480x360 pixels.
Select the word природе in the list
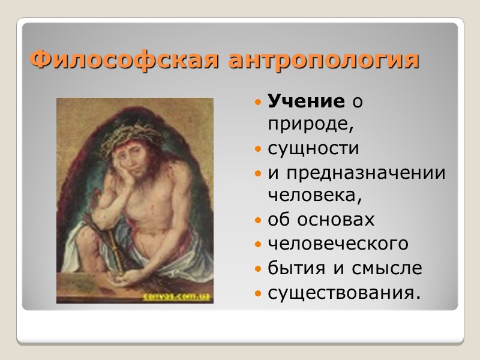(x=307, y=125)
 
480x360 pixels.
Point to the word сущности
(x=313, y=148)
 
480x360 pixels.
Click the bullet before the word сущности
(x=257, y=148)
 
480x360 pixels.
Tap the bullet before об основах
(x=257, y=220)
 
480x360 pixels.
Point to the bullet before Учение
(x=257, y=103)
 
